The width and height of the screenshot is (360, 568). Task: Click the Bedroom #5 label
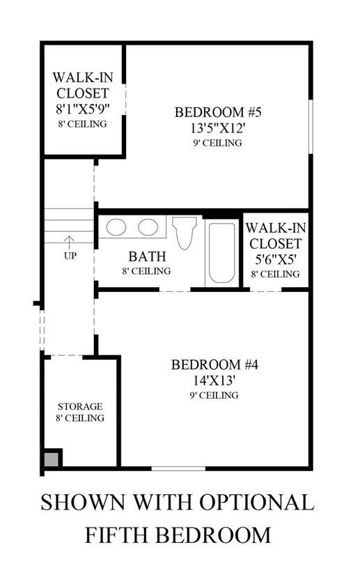[x=218, y=112]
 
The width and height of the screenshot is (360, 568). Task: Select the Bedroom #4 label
[x=214, y=364]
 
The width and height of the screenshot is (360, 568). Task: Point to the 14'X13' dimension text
[x=214, y=381]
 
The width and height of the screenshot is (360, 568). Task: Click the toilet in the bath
[x=184, y=233]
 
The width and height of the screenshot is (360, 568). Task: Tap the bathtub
[x=221, y=252]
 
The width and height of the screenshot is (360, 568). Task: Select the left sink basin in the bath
[x=116, y=227]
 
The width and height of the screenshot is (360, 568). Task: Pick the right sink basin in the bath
[x=148, y=227]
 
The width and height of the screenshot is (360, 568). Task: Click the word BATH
[x=147, y=256]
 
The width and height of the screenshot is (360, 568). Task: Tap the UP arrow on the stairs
[x=69, y=243]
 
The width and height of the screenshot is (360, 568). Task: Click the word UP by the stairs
[x=70, y=256]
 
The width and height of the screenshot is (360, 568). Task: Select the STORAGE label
[x=80, y=406]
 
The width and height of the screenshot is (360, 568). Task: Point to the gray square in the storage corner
[x=51, y=459]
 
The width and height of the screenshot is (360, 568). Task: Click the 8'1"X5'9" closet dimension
[x=83, y=109]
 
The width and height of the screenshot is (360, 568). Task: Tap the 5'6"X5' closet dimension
[x=276, y=259]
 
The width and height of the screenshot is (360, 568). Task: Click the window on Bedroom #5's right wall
[x=311, y=126]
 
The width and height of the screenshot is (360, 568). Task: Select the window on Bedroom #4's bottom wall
[x=178, y=468]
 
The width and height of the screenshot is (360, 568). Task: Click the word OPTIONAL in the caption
[x=256, y=502]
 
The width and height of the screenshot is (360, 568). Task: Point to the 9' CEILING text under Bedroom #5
[x=217, y=143]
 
